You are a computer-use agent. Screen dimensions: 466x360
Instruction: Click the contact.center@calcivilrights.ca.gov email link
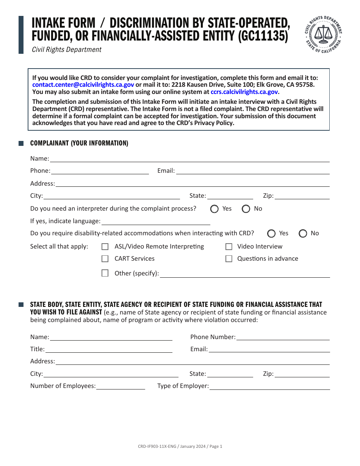point(83,85)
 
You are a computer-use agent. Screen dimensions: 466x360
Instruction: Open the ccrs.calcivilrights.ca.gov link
point(244,92)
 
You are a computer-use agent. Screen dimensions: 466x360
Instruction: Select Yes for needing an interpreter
point(214,209)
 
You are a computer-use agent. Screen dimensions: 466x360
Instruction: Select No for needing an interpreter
point(246,209)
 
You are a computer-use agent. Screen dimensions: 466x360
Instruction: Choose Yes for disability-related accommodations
point(271,233)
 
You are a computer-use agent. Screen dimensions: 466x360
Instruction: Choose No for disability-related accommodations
point(303,233)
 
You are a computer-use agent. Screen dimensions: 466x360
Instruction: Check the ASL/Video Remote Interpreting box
point(105,247)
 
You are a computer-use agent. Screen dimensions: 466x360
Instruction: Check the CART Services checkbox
point(105,259)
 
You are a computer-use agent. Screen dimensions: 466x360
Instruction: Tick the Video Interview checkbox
point(229,247)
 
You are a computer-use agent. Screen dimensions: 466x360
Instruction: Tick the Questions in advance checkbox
point(229,259)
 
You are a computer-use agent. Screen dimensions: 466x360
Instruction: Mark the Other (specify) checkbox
point(105,273)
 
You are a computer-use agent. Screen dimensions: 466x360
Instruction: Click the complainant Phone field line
point(100,171)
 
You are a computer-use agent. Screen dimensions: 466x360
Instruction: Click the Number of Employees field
point(121,386)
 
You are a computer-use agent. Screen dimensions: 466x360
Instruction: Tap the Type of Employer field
point(269,386)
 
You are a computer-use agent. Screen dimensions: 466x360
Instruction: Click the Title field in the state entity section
point(108,349)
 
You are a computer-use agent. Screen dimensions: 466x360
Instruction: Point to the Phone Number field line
point(283,337)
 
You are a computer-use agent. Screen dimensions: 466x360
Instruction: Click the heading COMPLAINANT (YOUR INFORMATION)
point(79,143)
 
